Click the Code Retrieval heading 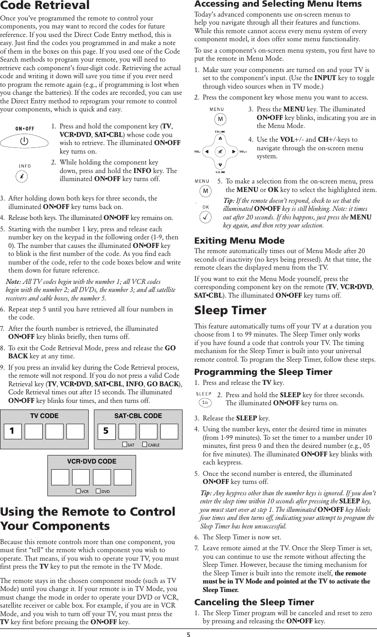coord(45,6)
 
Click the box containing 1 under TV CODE coord(13,432)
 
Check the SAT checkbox coord(125,445)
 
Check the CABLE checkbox coord(145,445)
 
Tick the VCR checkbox coord(78,491)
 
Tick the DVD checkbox coord(98,491)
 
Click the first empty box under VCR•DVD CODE coord(60,477)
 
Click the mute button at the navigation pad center coord(220,152)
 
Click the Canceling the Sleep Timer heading coord(254,602)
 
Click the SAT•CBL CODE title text coord(138,416)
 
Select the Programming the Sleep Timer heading coord(263,372)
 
